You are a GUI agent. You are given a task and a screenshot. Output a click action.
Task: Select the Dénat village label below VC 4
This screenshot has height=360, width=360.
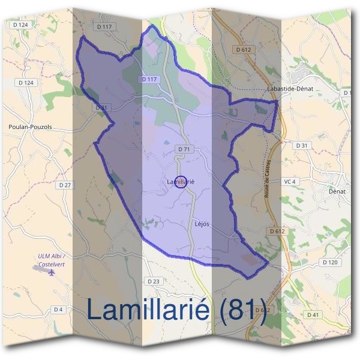coord(337,192)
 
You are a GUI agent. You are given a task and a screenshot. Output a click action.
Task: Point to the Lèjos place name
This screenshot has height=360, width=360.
coord(202,224)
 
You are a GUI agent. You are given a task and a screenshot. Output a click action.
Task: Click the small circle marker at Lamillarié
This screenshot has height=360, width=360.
coord(181,181)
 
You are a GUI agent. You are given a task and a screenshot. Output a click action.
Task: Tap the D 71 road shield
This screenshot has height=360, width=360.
coord(184,148)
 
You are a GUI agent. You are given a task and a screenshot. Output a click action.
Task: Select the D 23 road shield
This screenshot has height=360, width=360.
coord(154,281)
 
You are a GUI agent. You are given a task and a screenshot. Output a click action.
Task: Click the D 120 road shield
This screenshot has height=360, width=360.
coord(330,262)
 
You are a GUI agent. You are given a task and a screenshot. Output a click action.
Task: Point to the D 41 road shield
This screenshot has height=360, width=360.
coord(313,314)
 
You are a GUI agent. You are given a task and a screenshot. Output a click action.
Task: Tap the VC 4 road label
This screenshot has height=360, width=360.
coord(306,181)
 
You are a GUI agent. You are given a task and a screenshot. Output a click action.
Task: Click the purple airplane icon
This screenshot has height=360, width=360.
coord(51,272)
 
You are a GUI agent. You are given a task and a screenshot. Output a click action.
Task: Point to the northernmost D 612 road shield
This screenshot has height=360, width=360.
coord(243,50)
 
